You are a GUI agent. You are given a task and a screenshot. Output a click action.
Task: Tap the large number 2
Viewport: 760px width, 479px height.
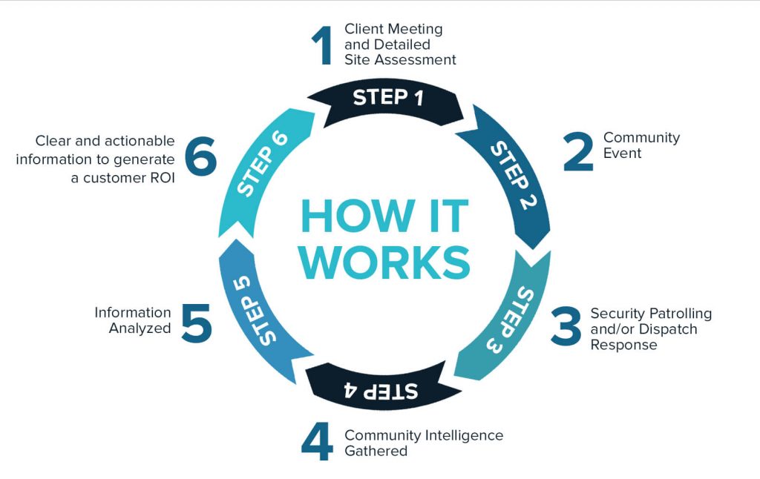tap(579, 151)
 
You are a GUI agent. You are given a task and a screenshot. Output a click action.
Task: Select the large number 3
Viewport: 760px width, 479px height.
tap(566, 326)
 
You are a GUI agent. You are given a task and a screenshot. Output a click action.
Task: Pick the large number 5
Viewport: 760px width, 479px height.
tap(197, 321)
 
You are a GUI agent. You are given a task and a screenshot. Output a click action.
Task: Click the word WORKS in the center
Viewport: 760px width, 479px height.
tap(385, 261)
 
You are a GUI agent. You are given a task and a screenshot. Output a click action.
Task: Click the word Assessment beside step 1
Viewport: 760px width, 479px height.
tap(419, 60)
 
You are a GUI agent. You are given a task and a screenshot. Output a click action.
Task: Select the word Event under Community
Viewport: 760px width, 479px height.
tap(622, 153)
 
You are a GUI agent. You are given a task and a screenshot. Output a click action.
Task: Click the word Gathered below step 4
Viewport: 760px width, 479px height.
tap(376, 451)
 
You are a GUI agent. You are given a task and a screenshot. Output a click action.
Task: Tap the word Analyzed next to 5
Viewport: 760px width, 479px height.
tap(140, 328)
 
